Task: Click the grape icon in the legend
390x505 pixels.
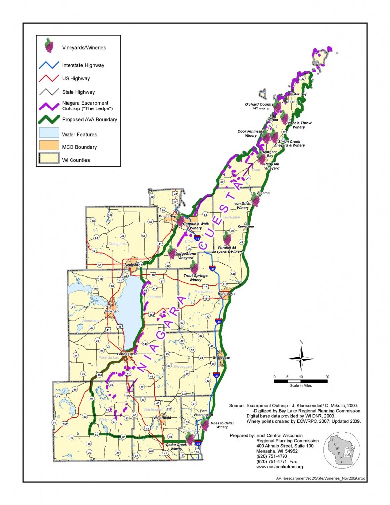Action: (x=49, y=46)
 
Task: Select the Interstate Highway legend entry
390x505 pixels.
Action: (x=82, y=65)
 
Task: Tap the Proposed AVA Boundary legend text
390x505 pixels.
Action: (x=89, y=120)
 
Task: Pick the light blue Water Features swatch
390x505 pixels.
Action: (x=48, y=133)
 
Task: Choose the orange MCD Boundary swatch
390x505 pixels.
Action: (x=48, y=146)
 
